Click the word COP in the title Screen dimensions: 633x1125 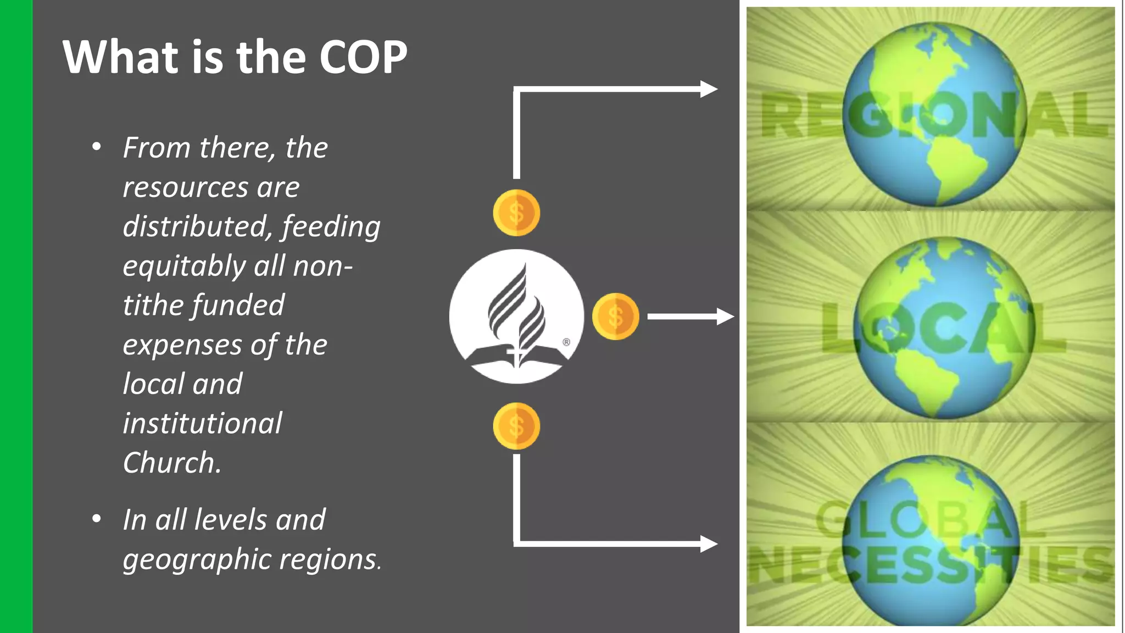click(363, 57)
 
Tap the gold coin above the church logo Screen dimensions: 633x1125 click(516, 213)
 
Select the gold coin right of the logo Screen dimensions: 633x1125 click(615, 316)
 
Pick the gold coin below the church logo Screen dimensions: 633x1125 click(516, 426)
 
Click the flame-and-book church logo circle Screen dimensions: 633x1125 click(516, 316)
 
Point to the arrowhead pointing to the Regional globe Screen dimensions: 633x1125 click(709, 89)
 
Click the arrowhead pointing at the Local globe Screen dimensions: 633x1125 click(726, 316)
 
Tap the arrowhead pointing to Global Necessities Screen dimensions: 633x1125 click(709, 544)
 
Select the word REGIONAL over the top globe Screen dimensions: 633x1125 click(934, 115)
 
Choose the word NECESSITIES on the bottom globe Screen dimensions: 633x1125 click(931, 566)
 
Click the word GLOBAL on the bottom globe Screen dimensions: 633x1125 click(930, 520)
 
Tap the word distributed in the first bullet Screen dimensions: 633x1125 click(197, 226)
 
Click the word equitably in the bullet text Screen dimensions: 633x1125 click(184, 266)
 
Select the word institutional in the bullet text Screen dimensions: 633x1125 click(202, 423)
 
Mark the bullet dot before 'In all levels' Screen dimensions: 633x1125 click(97, 519)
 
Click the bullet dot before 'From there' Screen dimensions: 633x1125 click(97, 147)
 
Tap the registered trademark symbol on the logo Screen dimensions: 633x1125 click(566, 342)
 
